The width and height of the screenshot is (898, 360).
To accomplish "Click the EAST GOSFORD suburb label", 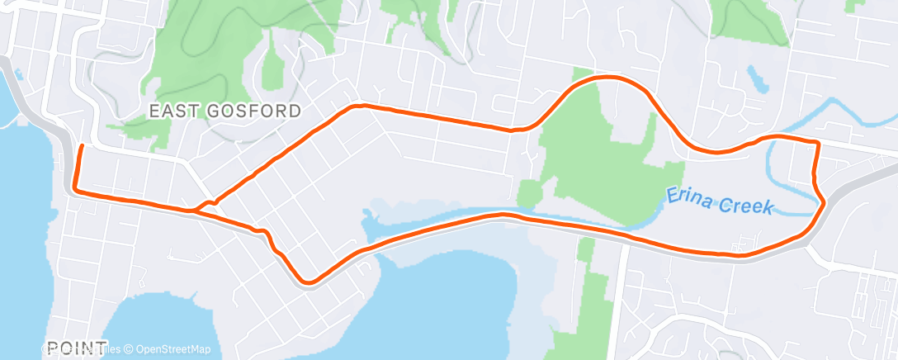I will (224, 110).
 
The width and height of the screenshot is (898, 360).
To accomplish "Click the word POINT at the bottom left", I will (77, 348).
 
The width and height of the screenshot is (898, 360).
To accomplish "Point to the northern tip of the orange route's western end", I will (81, 146).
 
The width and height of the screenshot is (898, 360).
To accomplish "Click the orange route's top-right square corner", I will (817, 144).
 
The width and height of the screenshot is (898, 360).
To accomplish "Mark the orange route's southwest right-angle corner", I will (75, 191).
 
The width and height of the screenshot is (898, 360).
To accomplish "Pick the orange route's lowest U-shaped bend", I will (309, 282).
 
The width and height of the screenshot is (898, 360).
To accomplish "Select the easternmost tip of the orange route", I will (824, 203).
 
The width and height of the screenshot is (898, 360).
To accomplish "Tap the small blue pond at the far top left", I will (17, 73).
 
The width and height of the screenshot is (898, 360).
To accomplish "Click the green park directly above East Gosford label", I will (198, 58).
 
